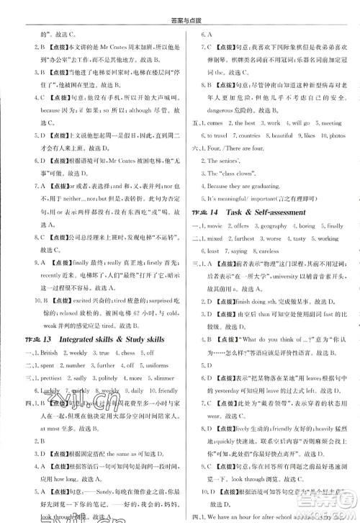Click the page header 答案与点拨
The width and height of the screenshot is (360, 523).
[180, 8]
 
